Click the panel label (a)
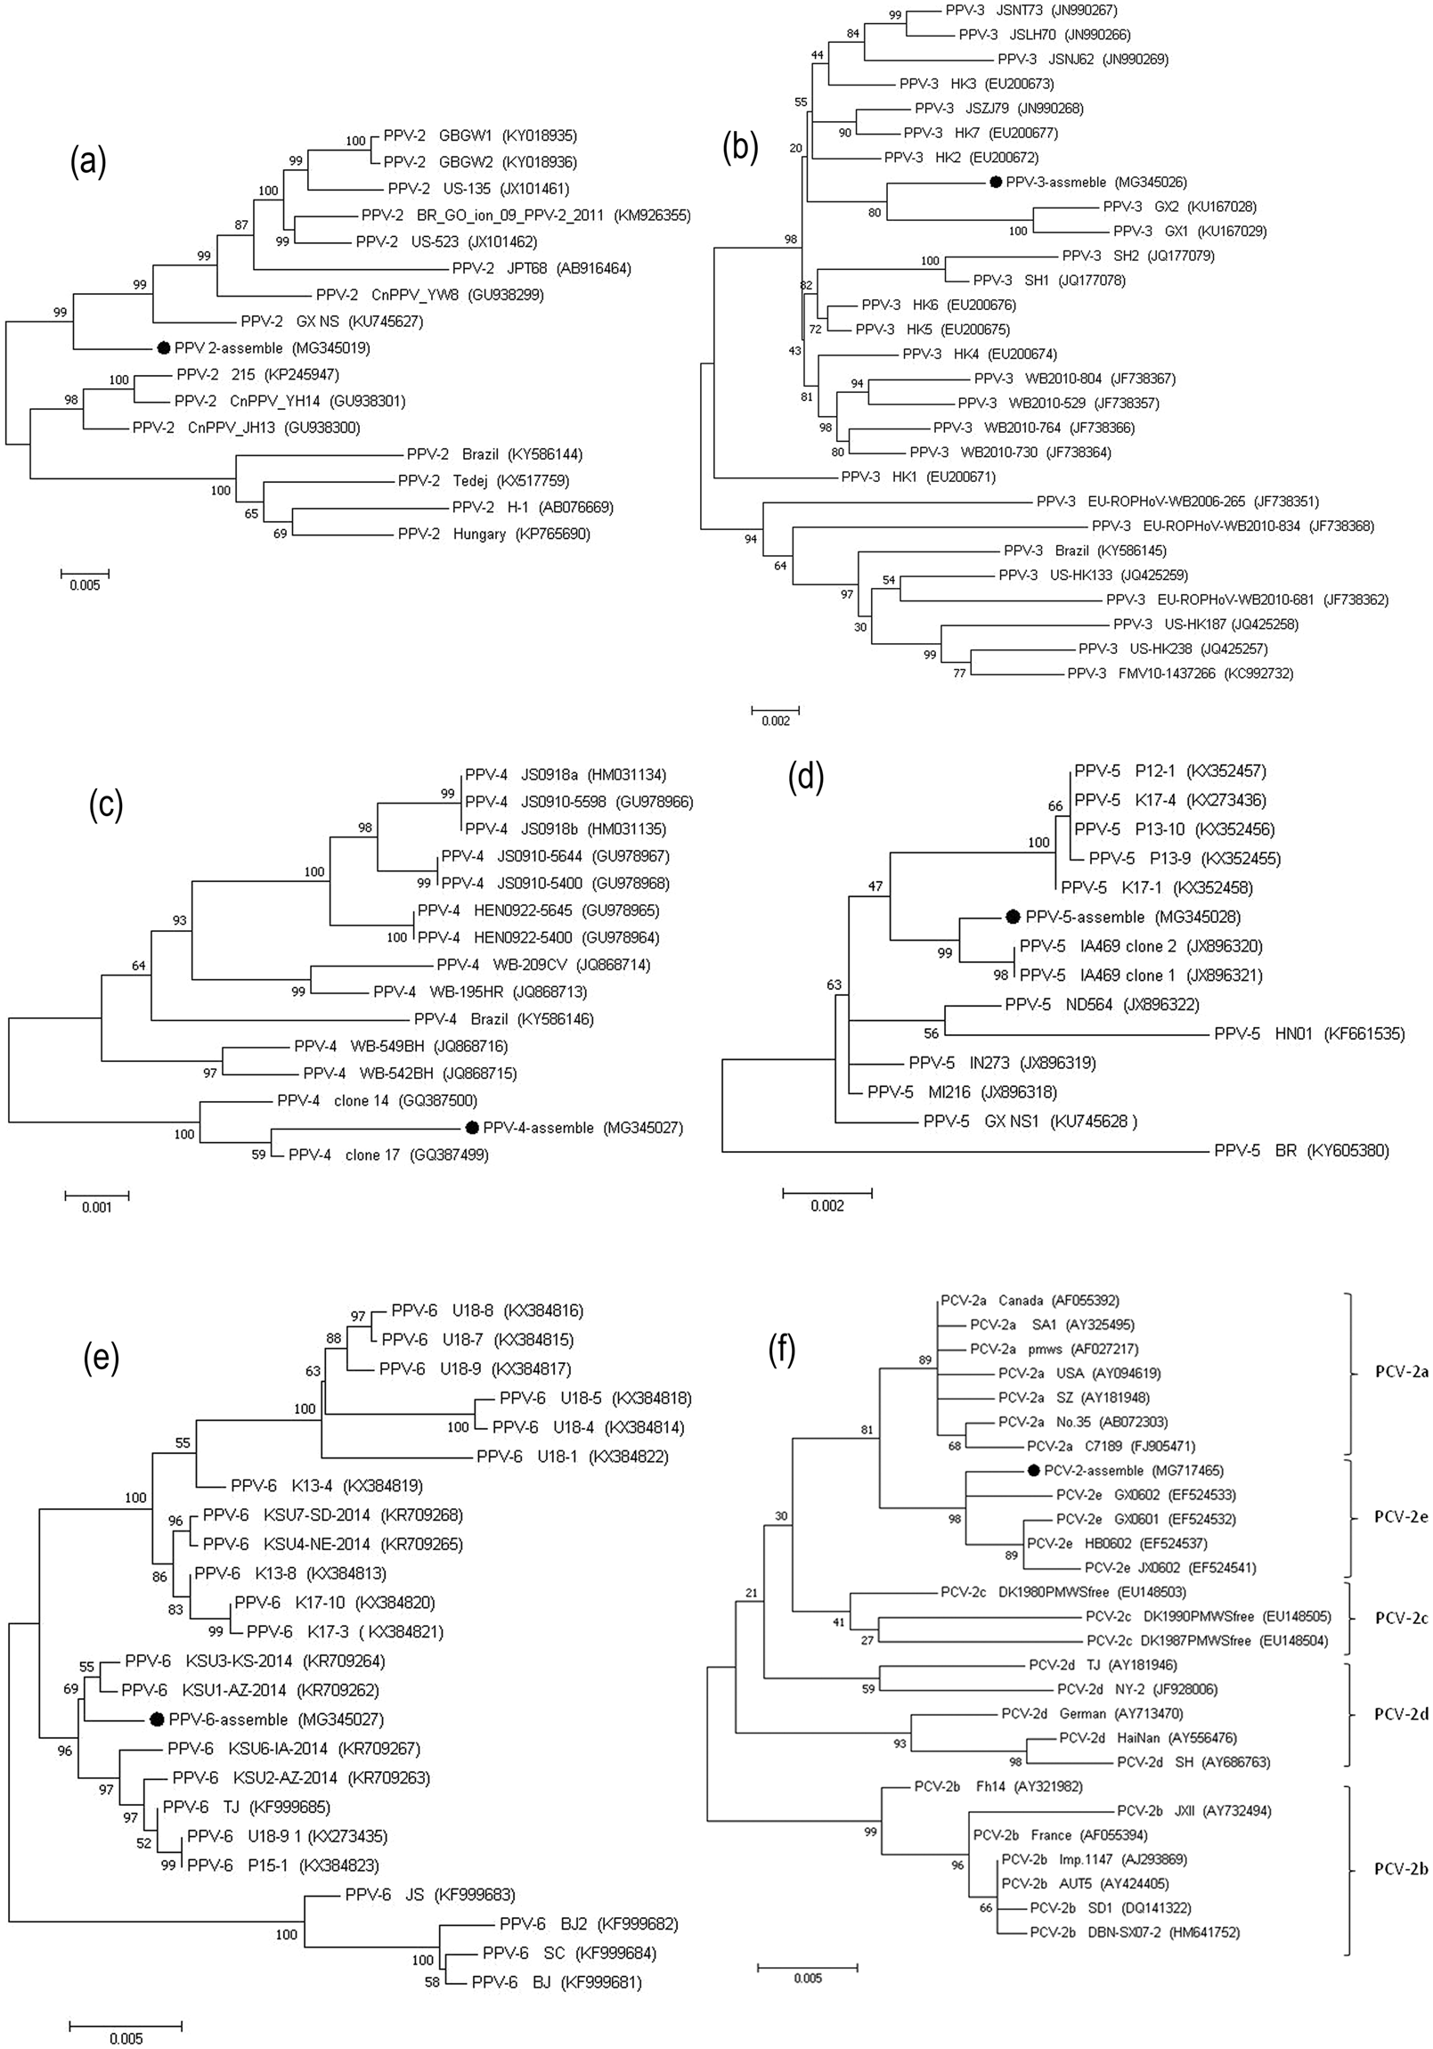tap(88, 162)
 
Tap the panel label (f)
tap(782, 1352)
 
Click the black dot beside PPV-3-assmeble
tap(995, 182)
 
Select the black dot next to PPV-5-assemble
tap(1013, 917)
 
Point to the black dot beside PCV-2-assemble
tap(1033, 1470)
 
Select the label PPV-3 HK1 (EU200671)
tap(917, 478)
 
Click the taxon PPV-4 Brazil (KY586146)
tap(503, 1019)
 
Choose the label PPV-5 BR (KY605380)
tap(1301, 1150)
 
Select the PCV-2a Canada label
tap(1030, 1301)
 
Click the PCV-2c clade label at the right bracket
tap(1402, 1618)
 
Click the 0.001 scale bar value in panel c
tap(97, 1208)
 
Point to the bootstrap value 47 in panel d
tap(875, 887)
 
